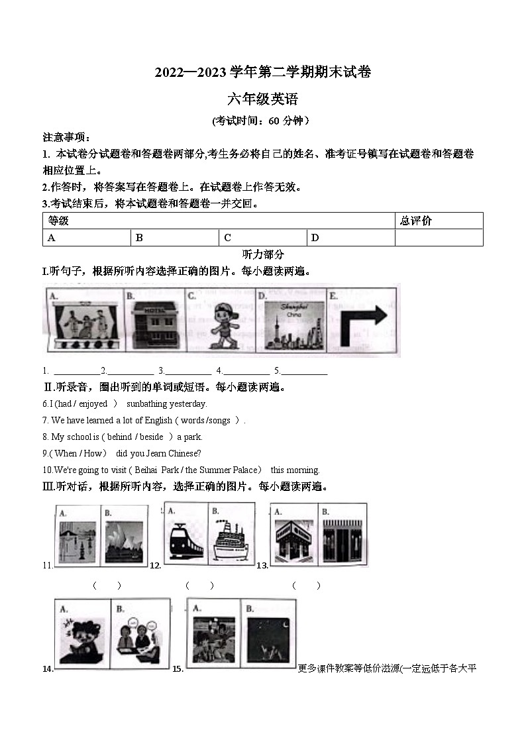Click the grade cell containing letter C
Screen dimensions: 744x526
point(263,238)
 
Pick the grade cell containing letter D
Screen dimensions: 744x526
point(350,238)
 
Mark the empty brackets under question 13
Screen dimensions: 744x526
point(306,586)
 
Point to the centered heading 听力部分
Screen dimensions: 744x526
point(263,254)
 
